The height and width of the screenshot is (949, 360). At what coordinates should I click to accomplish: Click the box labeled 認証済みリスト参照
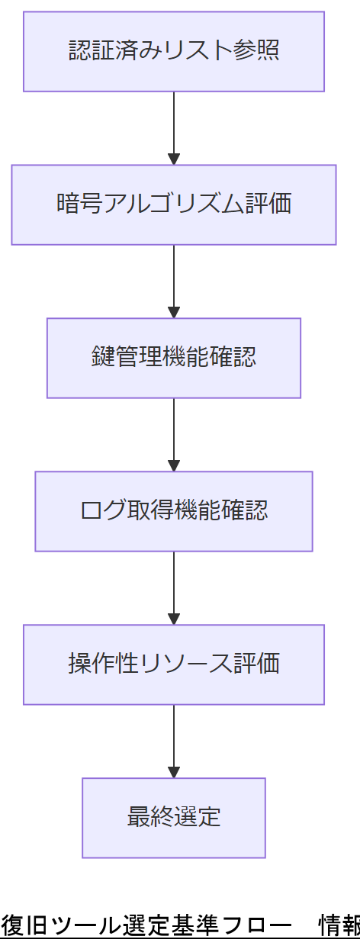[174, 51]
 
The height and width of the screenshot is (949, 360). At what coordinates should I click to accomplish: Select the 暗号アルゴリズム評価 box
[174, 204]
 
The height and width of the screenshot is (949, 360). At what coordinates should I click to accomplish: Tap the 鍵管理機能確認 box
[174, 358]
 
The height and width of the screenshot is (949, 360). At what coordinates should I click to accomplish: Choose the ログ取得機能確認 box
[174, 511]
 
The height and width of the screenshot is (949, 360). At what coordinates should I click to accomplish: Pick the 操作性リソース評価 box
[174, 664]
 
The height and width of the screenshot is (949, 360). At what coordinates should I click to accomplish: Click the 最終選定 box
[174, 818]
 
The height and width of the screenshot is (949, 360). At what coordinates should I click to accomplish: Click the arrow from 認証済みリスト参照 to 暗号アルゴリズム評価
[174, 126]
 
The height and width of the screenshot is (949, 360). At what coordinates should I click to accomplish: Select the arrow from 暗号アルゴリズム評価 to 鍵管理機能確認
[174, 279]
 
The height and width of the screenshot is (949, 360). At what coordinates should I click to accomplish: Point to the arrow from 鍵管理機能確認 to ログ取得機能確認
[174, 433]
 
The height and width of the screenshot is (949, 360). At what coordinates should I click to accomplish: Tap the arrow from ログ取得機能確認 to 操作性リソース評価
[174, 586]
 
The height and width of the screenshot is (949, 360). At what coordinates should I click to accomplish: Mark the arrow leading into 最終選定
[174, 739]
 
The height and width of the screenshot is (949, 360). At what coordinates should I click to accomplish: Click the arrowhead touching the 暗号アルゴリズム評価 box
[174, 159]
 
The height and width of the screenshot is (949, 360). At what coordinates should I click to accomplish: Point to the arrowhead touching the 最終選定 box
[174, 772]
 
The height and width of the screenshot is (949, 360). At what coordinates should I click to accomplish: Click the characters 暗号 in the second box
[79, 204]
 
